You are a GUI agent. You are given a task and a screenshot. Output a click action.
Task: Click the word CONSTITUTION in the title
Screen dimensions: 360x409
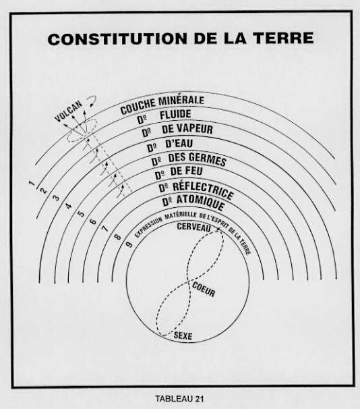[x=117, y=39]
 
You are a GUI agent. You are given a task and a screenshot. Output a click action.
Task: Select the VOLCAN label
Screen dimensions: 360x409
[x=68, y=111]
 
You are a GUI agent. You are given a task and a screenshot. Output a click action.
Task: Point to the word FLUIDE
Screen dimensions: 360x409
[x=175, y=115]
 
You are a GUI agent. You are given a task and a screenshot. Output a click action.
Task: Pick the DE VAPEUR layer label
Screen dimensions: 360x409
[x=187, y=129]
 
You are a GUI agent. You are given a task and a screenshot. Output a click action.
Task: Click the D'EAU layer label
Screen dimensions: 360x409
[x=179, y=144]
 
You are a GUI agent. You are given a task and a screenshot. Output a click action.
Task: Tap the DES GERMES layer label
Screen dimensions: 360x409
[x=198, y=159]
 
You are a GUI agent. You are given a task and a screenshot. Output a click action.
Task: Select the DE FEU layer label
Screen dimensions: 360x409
[x=187, y=171]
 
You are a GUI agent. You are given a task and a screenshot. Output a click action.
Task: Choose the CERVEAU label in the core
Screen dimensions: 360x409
[x=193, y=227]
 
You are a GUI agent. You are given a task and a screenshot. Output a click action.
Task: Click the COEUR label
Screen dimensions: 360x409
[x=204, y=290]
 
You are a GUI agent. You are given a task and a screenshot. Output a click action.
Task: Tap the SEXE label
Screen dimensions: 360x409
[x=183, y=335]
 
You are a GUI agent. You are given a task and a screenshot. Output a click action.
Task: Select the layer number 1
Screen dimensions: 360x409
[x=32, y=183]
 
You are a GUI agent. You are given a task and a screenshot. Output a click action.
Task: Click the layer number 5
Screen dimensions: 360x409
[x=82, y=214]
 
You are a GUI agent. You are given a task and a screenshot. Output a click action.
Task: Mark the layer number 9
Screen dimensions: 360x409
[x=129, y=244]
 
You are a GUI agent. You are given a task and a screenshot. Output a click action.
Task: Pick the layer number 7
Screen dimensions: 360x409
[x=104, y=229]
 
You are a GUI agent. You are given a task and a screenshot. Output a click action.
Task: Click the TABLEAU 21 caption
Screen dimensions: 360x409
[x=179, y=399]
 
